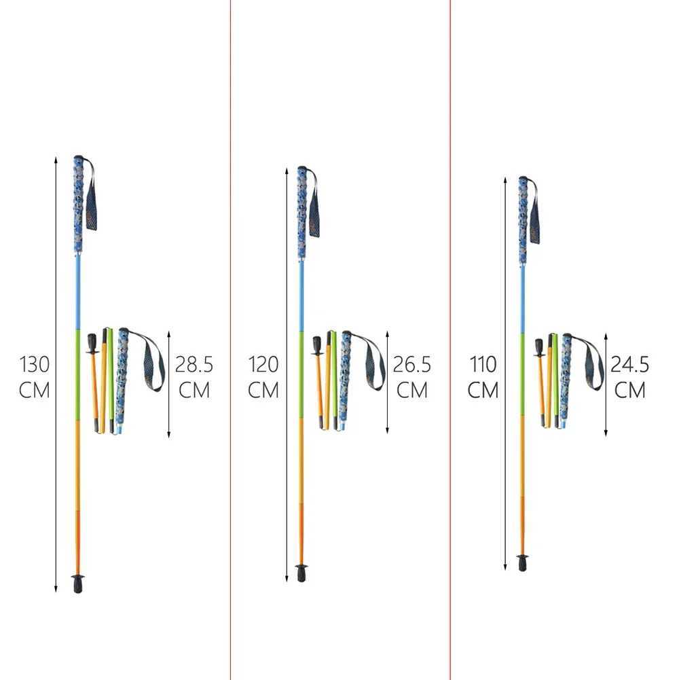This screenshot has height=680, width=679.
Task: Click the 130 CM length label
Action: point(34,377)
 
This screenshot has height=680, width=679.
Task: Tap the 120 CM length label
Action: point(263,377)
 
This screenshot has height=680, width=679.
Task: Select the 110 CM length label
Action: point(483,377)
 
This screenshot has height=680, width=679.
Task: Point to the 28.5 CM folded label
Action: point(194,377)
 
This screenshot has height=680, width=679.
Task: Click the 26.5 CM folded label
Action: point(412,377)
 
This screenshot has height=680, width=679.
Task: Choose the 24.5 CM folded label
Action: point(630,377)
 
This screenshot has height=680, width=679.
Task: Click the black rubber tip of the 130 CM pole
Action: point(79,583)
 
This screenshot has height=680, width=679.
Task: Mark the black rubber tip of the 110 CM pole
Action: point(522,562)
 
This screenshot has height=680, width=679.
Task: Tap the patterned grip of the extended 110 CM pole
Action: point(523,217)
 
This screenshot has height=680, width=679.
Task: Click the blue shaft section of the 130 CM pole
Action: point(78,292)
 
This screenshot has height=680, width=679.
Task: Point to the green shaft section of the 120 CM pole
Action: point(301,374)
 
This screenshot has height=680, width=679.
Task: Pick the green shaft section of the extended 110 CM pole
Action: point(522,374)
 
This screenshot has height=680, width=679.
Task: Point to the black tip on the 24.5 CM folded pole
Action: point(539,346)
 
